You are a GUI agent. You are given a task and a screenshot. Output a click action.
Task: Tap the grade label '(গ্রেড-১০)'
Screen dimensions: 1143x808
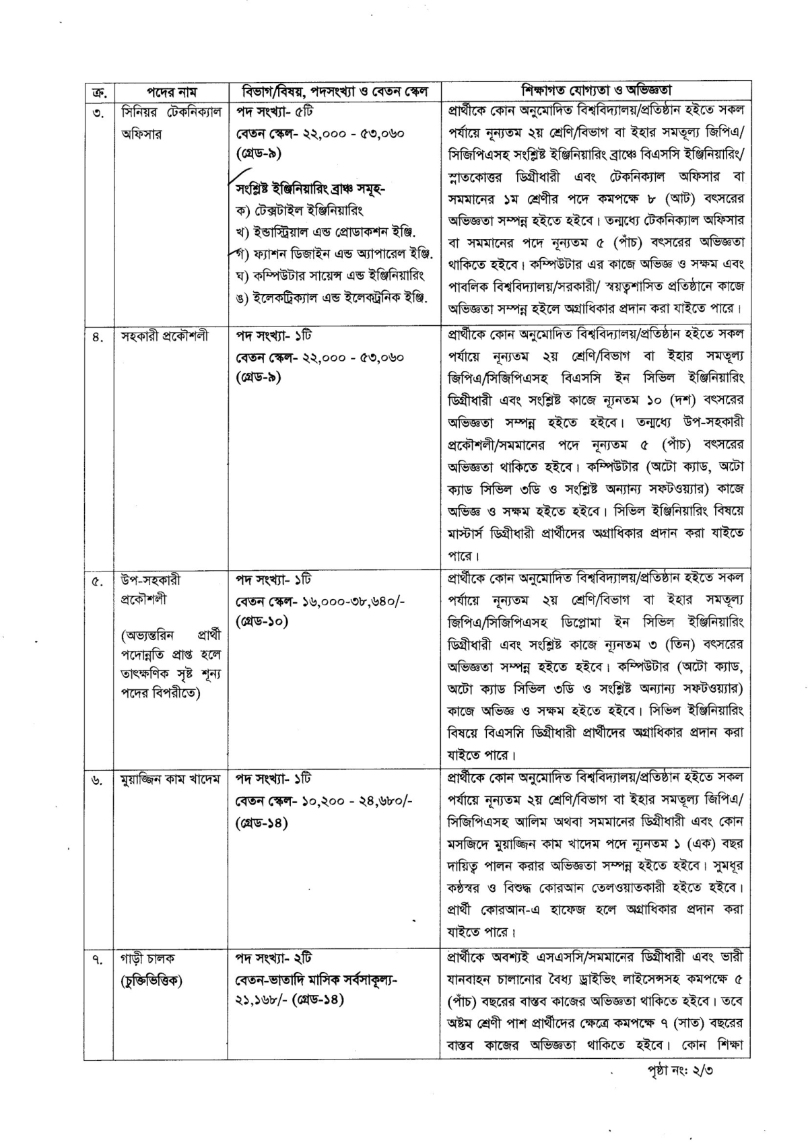[x=262, y=621]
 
